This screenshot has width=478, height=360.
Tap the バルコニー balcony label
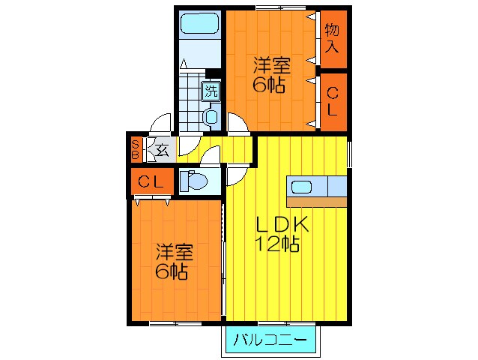click(270, 340)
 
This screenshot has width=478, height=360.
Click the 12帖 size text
click(277, 244)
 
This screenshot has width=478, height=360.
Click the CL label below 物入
click(333, 100)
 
